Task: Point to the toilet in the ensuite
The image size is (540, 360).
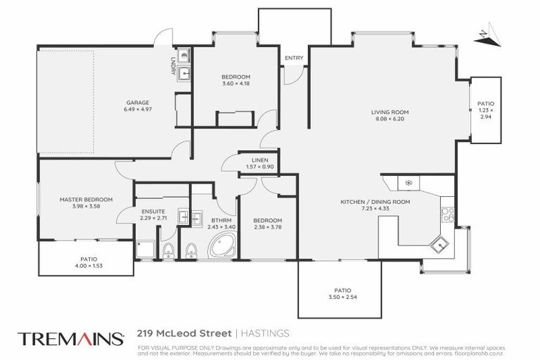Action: (x=167, y=250)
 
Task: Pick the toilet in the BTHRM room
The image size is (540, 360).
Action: (x=191, y=250)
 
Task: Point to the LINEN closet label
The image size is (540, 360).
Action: (x=251, y=160)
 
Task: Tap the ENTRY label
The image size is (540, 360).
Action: (x=294, y=58)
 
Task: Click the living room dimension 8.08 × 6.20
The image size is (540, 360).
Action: (x=390, y=119)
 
